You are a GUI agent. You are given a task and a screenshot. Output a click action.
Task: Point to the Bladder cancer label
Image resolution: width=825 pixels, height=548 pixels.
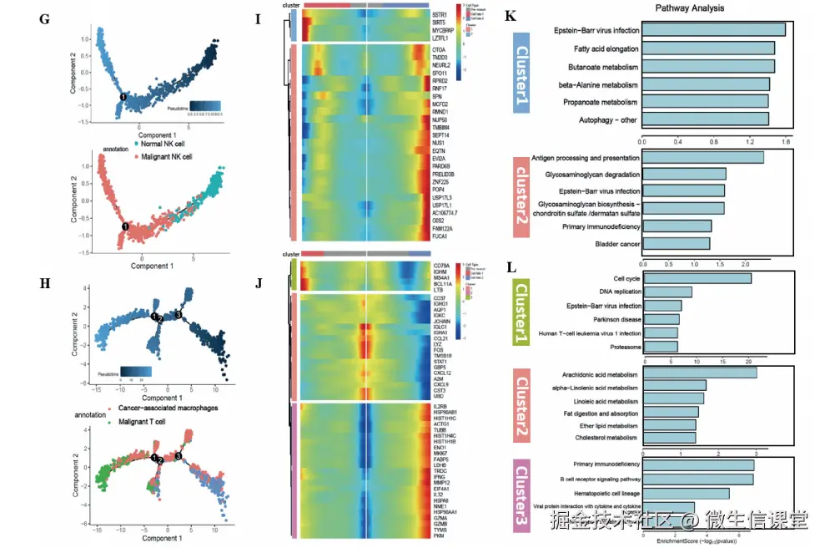pos(617,244)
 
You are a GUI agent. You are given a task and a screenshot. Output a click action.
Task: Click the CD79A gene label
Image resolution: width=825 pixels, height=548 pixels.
pos(442,266)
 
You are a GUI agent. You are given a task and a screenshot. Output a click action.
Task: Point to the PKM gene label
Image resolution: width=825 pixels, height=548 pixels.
pos(439,536)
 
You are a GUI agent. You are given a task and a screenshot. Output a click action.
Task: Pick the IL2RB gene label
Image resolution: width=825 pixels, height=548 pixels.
pos(441,406)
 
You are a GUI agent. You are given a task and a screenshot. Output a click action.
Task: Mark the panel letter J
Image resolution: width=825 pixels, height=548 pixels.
pos(259,282)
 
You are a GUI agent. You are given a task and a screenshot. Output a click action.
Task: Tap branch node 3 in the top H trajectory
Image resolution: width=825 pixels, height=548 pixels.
pos(179,314)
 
